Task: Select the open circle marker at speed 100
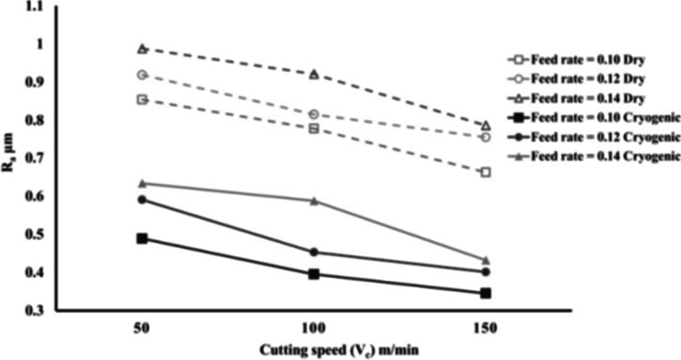coord(314,115)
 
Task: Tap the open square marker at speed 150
coord(486,172)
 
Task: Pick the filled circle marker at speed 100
coord(314,252)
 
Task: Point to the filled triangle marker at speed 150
coord(486,260)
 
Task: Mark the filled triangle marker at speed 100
coord(314,200)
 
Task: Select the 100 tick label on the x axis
coord(314,325)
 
